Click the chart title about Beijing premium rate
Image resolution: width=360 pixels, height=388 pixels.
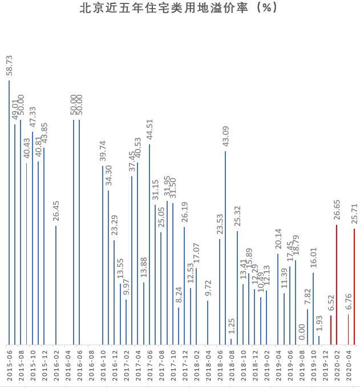pyautogui.click(x=180, y=9)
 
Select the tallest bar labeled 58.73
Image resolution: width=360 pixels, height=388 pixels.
pyautogui.click(x=9, y=212)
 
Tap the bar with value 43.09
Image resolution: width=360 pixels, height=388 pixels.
pyautogui.click(x=225, y=248)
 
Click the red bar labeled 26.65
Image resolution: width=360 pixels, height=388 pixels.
pyautogui.click(x=337, y=285)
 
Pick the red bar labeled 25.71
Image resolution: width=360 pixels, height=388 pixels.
pyautogui.click(x=354, y=287)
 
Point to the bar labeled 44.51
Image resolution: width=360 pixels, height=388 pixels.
pyautogui.click(x=149, y=244)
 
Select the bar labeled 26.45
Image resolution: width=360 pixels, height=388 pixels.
pyautogui.click(x=56, y=285)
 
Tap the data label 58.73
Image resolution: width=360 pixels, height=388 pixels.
pyautogui.click(x=9, y=66)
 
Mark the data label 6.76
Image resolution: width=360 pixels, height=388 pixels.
pyautogui.click(x=349, y=301)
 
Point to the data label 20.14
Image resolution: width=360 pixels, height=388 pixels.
pyautogui.click(x=278, y=240)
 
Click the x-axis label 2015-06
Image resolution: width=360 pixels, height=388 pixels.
pyautogui.click(x=9, y=366)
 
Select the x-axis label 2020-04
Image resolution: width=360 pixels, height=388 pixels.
pyautogui.click(x=349, y=366)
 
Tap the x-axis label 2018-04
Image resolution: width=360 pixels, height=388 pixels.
pyautogui.click(x=208, y=366)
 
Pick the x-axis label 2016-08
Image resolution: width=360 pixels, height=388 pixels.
pyautogui.click(x=91, y=366)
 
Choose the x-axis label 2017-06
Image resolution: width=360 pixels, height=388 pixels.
pyautogui.click(x=149, y=366)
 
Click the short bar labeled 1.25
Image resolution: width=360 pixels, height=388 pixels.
pyautogui.click(x=231, y=342)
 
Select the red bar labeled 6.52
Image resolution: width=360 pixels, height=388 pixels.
pyautogui.click(x=330, y=330)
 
